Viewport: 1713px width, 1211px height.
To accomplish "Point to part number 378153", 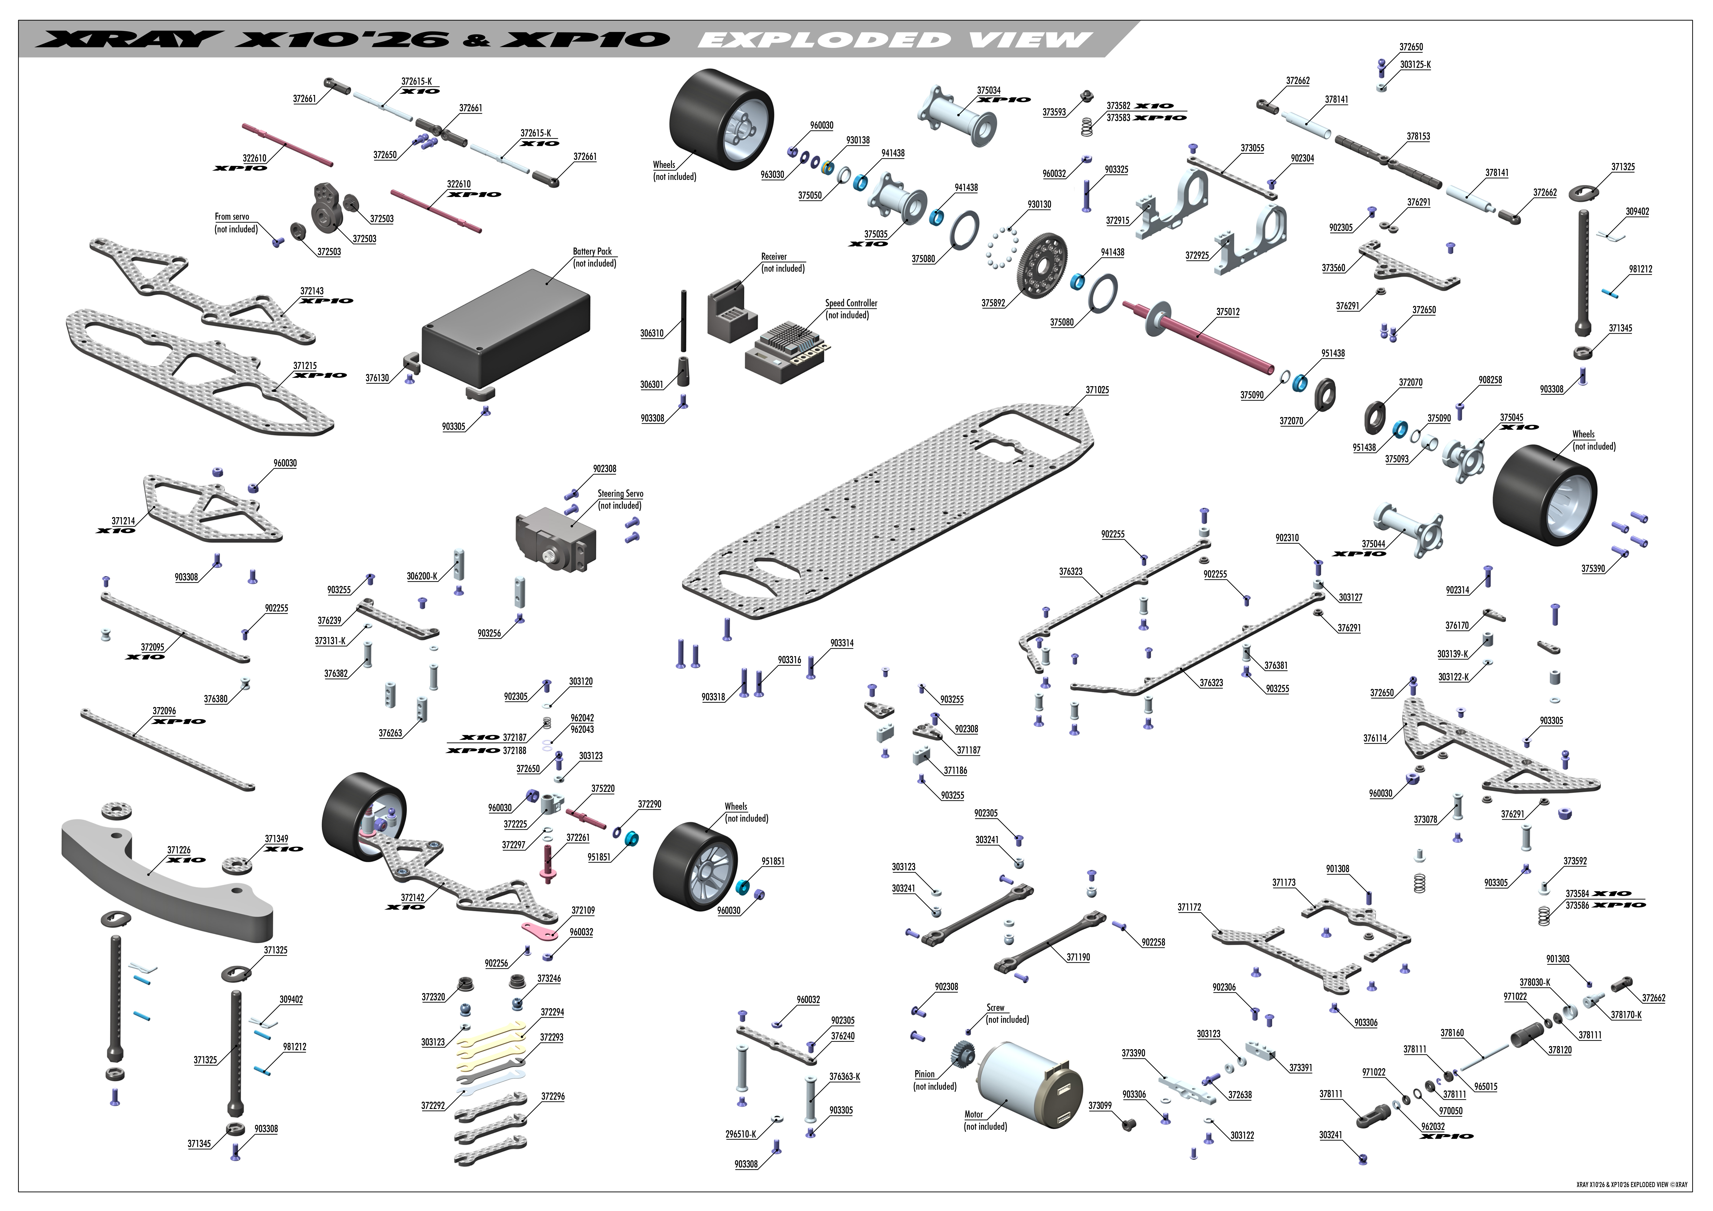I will (1418, 136).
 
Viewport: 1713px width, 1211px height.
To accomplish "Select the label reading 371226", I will (178, 850).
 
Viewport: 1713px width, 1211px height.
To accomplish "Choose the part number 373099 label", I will (1100, 1106).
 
